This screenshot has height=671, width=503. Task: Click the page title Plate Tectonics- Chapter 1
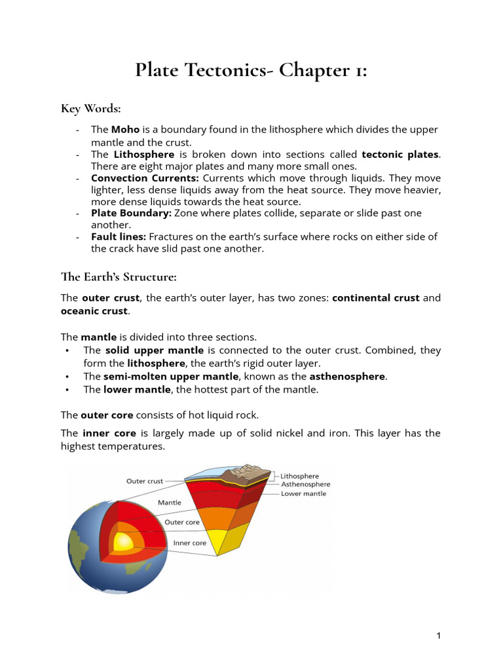click(x=251, y=69)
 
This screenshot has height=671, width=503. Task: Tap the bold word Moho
click(x=125, y=130)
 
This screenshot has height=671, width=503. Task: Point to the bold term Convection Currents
click(x=145, y=178)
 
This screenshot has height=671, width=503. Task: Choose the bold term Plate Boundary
click(x=131, y=213)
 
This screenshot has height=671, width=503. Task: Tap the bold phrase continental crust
click(x=376, y=298)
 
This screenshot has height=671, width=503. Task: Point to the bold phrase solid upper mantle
click(x=155, y=351)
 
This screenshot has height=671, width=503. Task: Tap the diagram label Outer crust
click(x=144, y=481)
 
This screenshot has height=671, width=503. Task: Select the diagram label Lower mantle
click(x=303, y=493)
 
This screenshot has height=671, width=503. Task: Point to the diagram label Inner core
click(x=189, y=543)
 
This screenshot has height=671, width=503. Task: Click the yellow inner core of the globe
click(x=122, y=542)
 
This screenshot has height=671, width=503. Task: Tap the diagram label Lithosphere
click(x=300, y=476)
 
